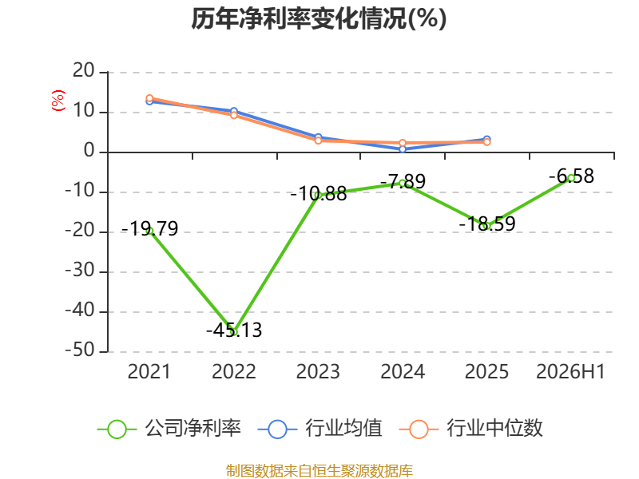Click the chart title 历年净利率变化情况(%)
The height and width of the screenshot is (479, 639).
tap(319, 18)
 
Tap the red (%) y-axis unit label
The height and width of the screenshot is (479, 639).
tap(58, 101)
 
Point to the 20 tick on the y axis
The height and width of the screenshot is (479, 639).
tap(84, 71)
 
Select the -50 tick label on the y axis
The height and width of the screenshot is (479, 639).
tap(80, 350)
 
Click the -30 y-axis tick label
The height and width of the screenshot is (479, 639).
tap(80, 271)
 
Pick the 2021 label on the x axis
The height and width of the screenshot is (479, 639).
tap(149, 372)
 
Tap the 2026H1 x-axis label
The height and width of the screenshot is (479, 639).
tap(570, 372)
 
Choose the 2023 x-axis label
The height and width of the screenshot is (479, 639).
tap(318, 372)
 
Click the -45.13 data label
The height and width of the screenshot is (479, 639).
tap(234, 330)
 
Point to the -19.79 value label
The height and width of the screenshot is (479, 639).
tap(149, 228)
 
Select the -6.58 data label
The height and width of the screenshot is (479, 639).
tap(571, 176)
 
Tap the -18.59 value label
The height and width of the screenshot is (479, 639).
tap(487, 224)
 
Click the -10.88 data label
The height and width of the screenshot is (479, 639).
tap(318, 194)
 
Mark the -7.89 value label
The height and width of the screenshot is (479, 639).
tap(403, 182)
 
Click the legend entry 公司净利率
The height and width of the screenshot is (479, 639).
tap(169, 429)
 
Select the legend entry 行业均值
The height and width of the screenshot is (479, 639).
tap(320, 429)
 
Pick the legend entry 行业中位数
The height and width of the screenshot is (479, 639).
tap(471, 429)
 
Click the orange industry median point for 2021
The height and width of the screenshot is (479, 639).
tap(149, 98)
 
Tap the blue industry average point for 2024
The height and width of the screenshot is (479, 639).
tap(403, 149)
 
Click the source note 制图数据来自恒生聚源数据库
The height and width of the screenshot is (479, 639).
tap(319, 471)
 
